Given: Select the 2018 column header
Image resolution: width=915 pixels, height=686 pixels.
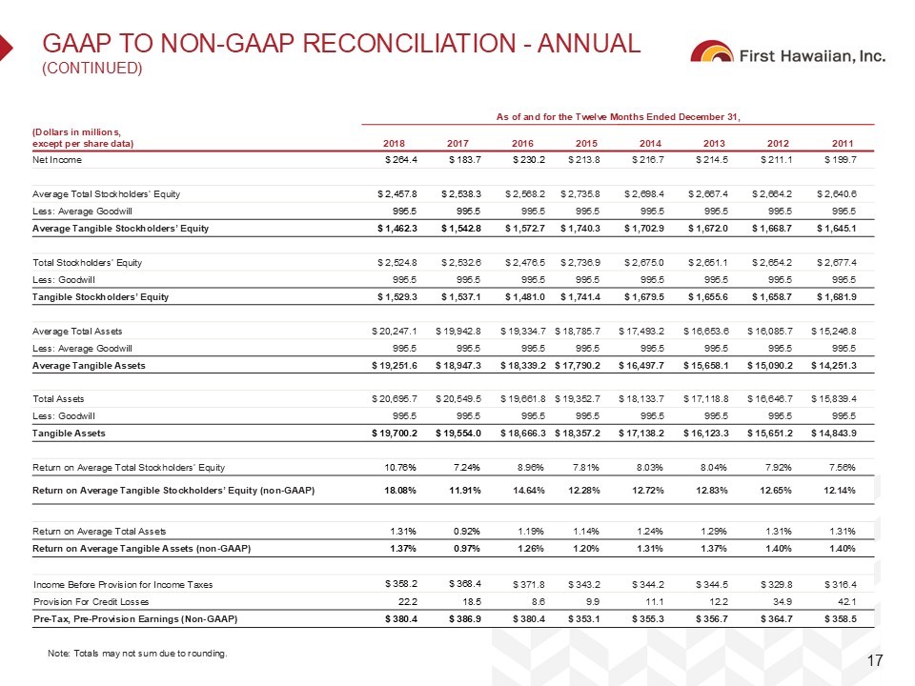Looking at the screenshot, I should [x=393, y=143].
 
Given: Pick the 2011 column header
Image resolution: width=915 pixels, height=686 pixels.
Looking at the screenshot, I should [x=845, y=143].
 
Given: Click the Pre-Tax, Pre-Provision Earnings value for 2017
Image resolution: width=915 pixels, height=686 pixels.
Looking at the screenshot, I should [x=455, y=619].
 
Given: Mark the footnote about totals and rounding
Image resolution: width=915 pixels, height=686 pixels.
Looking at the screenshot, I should [x=138, y=653].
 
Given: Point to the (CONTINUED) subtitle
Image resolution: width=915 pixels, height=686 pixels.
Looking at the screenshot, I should [x=91, y=68].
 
